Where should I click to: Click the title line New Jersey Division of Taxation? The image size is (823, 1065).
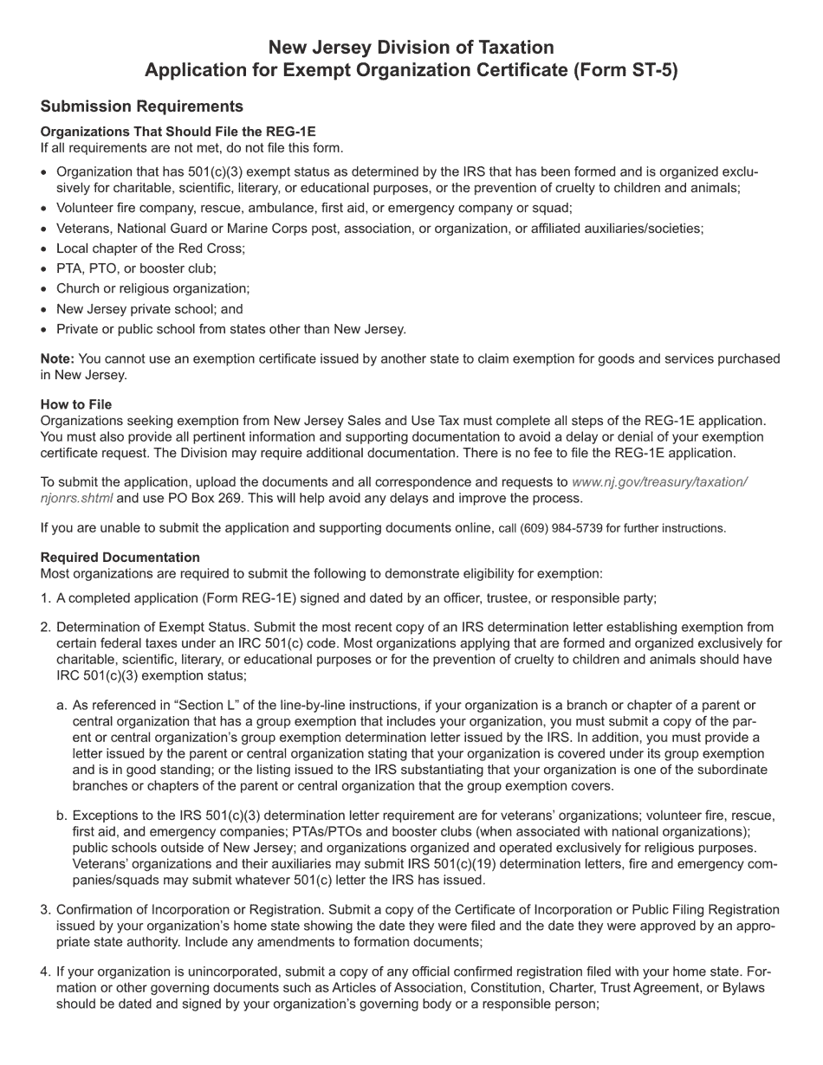click(x=411, y=47)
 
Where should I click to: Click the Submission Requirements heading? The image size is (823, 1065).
click(x=141, y=106)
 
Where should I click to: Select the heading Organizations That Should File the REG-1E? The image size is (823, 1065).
click(x=178, y=132)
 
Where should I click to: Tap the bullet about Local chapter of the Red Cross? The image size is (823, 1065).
click(x=151, y=248)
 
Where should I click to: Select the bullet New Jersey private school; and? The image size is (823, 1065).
click(x=149, y=309)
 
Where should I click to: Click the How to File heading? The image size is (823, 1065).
click(x=76, y=404)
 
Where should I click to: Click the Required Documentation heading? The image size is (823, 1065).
click(x=120, y=558)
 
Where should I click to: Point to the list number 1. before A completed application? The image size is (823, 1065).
click(x=46, y=598)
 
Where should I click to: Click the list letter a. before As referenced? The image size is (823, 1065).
click(x=62, y=706)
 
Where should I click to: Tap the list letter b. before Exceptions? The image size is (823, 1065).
click(x=62, y=816)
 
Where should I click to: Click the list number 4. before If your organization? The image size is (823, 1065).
click(x=46, y=971)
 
